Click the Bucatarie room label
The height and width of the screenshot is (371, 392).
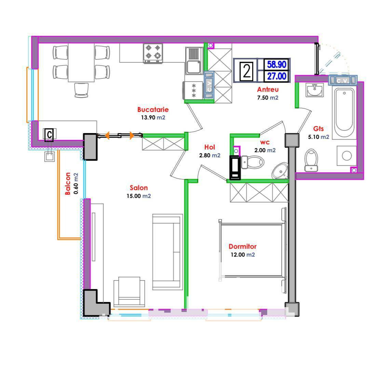click(153, 109)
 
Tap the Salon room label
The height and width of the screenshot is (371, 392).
click(139, 188)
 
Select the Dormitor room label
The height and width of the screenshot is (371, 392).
click(243, 246)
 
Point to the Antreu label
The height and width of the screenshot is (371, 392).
click(268, 89)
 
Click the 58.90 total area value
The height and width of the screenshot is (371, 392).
click(276, 65)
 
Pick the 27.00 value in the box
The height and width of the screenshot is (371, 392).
click(276, 76)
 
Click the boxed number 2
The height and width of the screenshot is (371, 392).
click(246, 71)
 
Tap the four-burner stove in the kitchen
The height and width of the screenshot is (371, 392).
click(153, 53)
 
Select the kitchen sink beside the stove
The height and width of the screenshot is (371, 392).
click(194, 61)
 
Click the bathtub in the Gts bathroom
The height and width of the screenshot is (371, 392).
click(344, 112)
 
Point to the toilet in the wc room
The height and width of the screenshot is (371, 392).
click(252, 162)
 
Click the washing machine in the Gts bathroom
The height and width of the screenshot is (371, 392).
click(347, 156)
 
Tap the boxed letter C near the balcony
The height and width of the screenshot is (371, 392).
click(49, 135)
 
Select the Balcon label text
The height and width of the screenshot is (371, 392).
click(68, 184)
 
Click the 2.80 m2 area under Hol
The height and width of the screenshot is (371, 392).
click(209, 156)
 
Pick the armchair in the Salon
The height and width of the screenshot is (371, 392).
click(129, 291)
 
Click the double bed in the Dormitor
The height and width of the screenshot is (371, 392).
click(252, 250)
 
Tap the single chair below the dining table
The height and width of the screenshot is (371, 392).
click(81, 90)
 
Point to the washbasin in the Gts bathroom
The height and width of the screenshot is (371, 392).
click(314, 90)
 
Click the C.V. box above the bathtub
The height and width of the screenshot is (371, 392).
click(343, 81)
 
